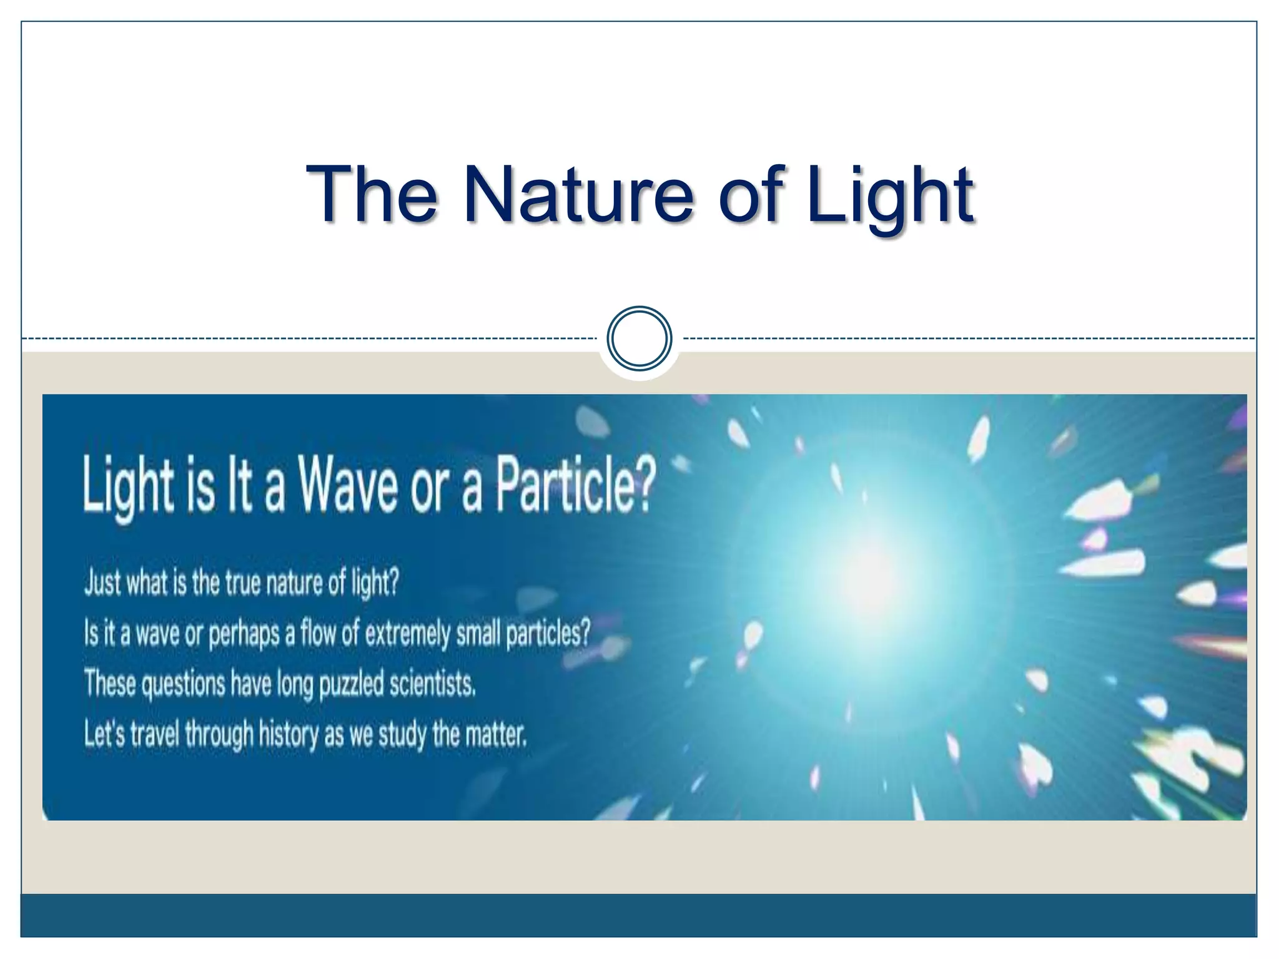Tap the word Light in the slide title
[x=889, y=195]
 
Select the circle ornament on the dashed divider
[x=639, y=338]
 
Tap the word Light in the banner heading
[x=129, y=488]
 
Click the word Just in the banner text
[x=102, y=582]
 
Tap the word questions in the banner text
[x=182, y=684]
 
